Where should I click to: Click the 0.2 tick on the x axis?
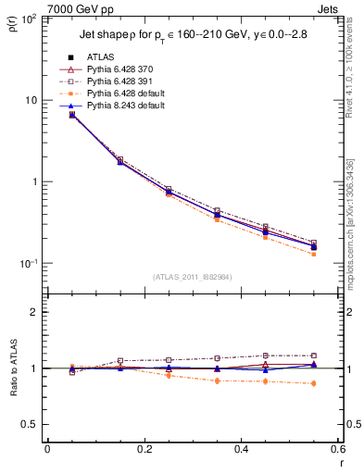click(144, 449)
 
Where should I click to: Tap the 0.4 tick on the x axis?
click(240, 449)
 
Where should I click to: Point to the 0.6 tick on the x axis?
click(336, 449)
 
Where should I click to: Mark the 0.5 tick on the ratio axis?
click(35, 424)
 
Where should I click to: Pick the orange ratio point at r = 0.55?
click(312, 383)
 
